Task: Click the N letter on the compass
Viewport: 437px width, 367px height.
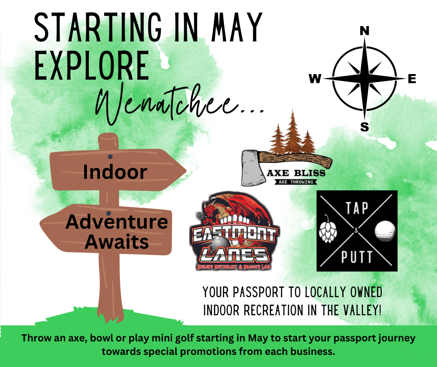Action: [364, 31]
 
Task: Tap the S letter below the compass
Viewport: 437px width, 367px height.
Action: [364, 127]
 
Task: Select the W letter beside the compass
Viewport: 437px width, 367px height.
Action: [315, 80]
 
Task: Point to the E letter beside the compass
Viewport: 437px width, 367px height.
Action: [411, 79]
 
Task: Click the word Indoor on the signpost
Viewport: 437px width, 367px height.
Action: [115, 172]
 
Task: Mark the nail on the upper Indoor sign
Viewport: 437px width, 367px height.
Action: [111, 156]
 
